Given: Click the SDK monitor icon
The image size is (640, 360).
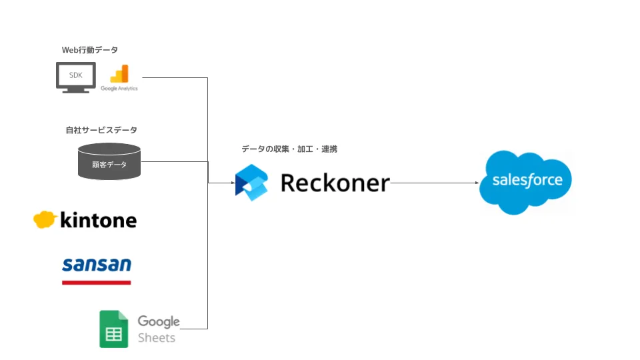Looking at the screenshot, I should pos(75,77).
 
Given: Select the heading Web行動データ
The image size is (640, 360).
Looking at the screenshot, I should pos(90,50).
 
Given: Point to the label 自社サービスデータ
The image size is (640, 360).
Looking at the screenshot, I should pos(101,130).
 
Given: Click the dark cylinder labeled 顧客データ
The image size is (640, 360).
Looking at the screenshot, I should pos(109,161).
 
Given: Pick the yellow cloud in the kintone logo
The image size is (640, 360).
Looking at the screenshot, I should pos(44,219).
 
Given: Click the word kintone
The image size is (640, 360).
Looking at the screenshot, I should pos(98,220).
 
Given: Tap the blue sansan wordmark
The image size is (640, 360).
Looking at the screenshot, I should pos(97,265).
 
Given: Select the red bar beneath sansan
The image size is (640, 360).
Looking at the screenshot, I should pos(97,282).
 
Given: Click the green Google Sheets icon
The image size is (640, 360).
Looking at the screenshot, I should pos(113,329).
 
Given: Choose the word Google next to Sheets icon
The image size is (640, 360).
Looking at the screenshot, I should pos(159,321).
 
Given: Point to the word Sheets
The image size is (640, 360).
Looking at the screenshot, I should pos(157,337).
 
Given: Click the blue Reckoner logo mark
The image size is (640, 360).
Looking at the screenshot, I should pos(252,182).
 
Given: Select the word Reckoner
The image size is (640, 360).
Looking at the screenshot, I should pos(335,182).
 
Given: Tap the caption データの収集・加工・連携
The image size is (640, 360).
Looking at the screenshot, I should pos(289,149).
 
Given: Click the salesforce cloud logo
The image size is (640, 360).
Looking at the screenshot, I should pos(527,181).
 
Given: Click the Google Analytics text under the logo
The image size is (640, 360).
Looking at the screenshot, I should pos(119,88).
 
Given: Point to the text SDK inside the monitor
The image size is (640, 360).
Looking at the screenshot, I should pos(75,75).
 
